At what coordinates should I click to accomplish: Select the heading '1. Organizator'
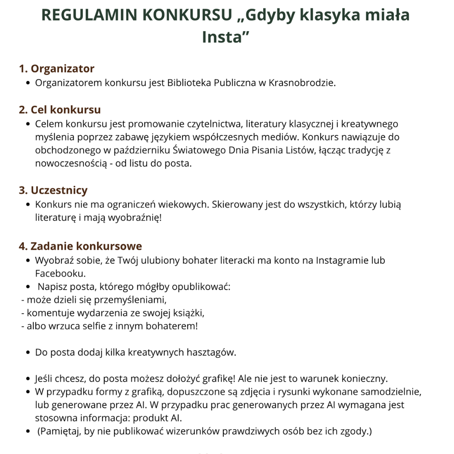click(x=56, y=69)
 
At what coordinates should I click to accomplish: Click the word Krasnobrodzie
click(x=301, y=82)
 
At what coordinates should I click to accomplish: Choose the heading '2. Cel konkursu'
click(x=60, y=110)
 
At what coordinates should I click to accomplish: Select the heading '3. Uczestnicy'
click(x=53, y=190)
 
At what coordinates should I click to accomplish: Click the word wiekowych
click(x=184, y=205)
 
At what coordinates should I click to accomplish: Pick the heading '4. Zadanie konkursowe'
click(x=80, y=246)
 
